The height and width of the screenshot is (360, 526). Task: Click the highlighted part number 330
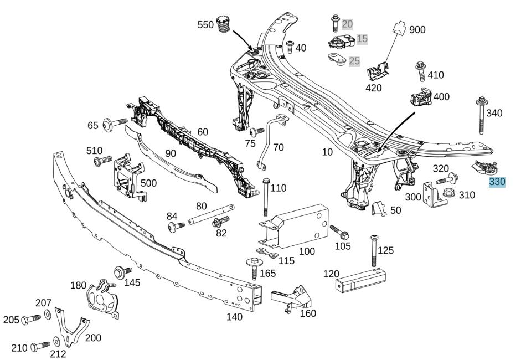[497, 182]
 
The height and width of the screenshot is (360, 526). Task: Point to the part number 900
[417, 29]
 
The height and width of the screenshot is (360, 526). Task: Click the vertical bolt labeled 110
[266, 197]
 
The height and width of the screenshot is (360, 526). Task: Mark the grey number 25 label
[354, 61]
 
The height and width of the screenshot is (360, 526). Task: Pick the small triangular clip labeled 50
[379, 208]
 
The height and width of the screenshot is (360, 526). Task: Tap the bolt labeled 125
[374, 251]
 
